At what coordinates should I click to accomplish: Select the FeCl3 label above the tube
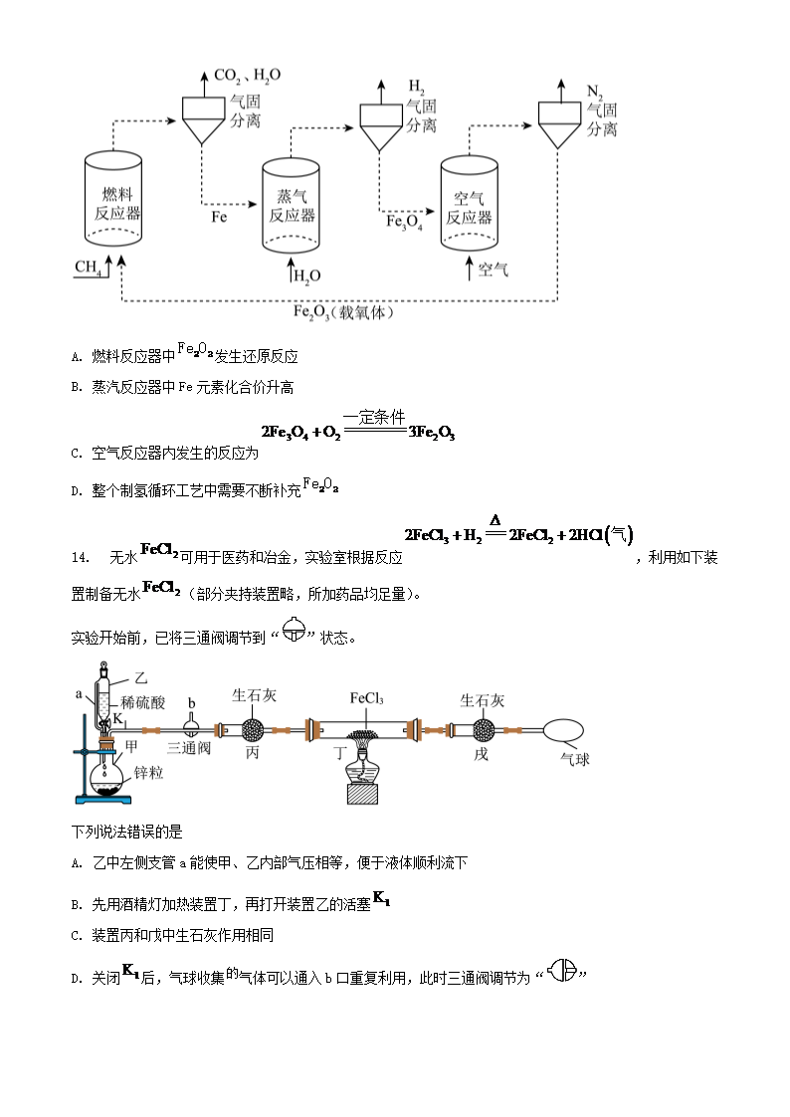[x=366, y=698]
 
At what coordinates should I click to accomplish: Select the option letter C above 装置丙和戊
[x=77, y=935]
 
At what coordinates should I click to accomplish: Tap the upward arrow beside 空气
[x=469, y=268]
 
